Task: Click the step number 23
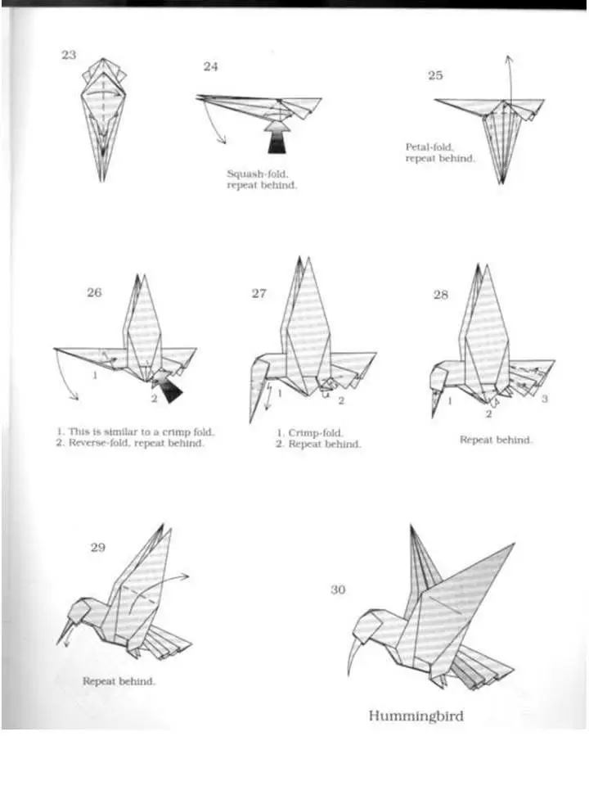[x=69, y=55]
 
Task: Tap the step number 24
[x=211, y=66]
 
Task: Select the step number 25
[x=435, y=75]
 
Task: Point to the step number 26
[x=94, y=292]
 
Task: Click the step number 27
[x=259, y=293]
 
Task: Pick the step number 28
[x=441, y=295]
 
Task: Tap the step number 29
[x=97, y=547]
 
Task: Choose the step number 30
[x=338, y=589]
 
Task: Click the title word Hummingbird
[x=416, y=716]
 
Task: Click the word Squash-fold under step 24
[x=258, y=174]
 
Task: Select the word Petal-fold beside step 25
[x=429, y=147]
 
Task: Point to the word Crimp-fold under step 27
[x=316, y=432]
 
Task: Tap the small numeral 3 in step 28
[x=545, y=399]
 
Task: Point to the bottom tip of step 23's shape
[x=101, y=180]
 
